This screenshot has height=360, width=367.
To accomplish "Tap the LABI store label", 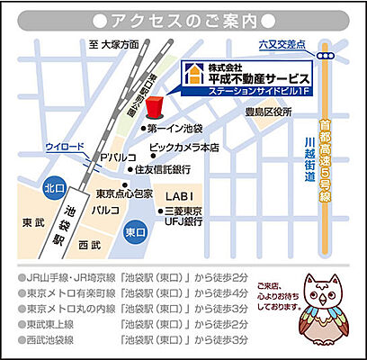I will pyautogui.click(x=179, y=194).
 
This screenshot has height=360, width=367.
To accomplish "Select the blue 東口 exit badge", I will pyautogui.click(x=136, y=231).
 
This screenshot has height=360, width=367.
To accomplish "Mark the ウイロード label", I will pyautogui.click(x=65, y=146).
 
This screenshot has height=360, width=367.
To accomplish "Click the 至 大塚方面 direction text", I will pyautogui.click(x=114, y=44).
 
